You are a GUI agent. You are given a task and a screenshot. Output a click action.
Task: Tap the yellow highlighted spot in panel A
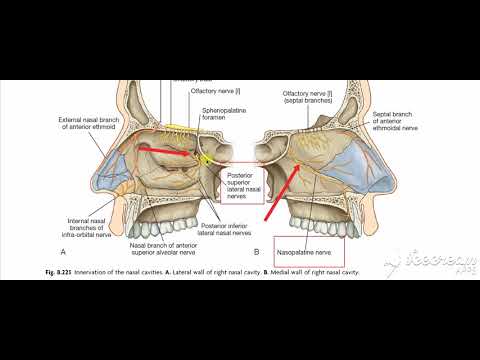pos(208,158)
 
